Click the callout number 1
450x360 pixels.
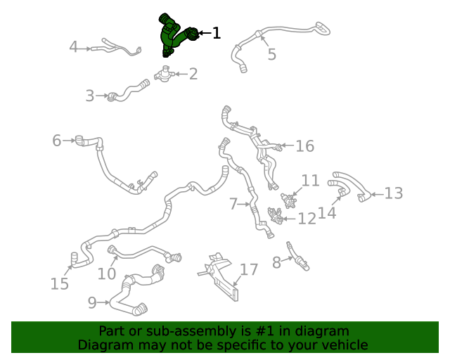[x=216, y=32]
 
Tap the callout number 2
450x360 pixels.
[x=193, y=73]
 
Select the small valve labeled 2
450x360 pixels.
[x=165, y=73]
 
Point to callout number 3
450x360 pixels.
[x=89, y=96]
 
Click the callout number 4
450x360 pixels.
[x=73, y=48]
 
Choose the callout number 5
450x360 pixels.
[x=271, y=54]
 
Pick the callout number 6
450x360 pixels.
[x=57, y=141]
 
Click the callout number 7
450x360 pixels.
[x=233, y=205]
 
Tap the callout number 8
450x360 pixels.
[x=276, y=262]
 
